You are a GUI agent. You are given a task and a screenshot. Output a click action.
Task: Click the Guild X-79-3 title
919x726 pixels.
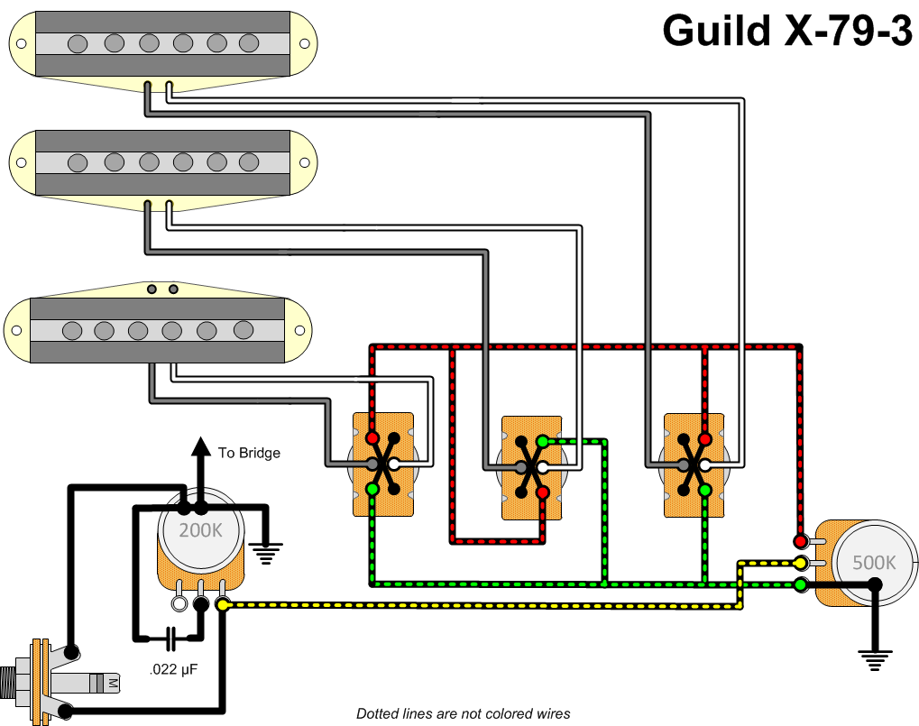tap(786, 31)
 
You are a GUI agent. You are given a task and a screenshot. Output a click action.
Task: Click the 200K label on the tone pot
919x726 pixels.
tap(200, 530)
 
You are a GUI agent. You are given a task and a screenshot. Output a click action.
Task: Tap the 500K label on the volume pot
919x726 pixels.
tap(874, 562)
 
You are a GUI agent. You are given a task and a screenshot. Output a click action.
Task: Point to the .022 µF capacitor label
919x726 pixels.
tap(173, 670)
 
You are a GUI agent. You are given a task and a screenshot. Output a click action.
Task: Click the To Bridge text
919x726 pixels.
tap(249, 453)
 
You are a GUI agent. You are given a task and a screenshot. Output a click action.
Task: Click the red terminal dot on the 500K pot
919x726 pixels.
tap(800, 541)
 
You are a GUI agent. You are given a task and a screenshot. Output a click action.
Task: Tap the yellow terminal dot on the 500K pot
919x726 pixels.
tap(800, 564)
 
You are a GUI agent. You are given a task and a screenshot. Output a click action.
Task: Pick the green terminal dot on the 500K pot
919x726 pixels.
tap(800, 585)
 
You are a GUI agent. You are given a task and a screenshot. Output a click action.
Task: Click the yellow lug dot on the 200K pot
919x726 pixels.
tap(223, 606)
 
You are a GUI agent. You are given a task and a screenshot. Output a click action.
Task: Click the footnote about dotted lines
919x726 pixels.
tap(464, 714)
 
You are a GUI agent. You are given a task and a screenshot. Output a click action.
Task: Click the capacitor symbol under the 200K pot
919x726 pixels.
tap(171, 639)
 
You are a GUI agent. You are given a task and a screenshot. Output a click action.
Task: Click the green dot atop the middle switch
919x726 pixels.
tap(542, 441)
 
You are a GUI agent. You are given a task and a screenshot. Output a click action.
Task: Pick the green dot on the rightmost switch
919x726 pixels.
tap(704, 490)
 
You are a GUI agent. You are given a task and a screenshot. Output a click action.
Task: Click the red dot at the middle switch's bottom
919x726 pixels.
tap(542, 492)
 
